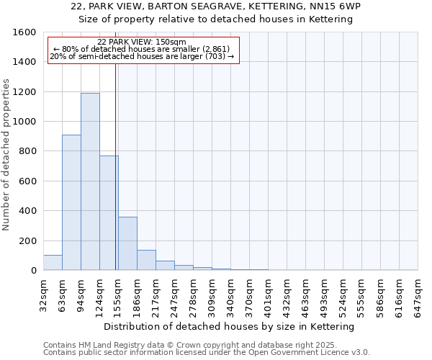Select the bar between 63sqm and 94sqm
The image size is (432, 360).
(71, 202)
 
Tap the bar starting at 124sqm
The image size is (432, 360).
(109, 213)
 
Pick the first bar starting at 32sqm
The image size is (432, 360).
(53, 263)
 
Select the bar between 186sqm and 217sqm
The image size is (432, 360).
(146, 260)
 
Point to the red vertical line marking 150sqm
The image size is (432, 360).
(116, 166)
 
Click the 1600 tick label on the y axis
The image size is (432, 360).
(24, 32)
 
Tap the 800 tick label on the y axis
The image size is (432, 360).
(27, 151)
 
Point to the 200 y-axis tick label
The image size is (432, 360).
(27, 240)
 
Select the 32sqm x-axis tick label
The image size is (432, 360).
(44, 294)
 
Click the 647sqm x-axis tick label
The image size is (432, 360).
(418, 294)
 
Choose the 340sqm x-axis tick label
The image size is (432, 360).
(231, 294)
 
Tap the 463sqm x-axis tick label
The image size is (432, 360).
(306, 294)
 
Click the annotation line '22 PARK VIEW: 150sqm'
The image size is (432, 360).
(142, 42)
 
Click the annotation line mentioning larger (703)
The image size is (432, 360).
(143, 56)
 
